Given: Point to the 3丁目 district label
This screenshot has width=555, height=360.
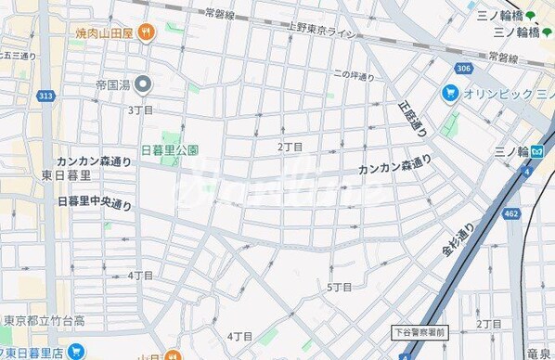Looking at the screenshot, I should [x=140, y=109].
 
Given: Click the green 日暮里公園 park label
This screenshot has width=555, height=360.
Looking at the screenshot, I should [x=169, y=150].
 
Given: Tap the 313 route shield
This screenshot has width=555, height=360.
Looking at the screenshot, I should [x=45, y=95].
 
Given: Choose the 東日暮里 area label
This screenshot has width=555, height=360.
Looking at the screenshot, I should [x=66, y=175].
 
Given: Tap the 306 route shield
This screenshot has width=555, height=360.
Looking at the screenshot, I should [x=463, y=68].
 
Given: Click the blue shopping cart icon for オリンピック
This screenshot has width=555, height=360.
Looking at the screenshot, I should [x=450, y=92].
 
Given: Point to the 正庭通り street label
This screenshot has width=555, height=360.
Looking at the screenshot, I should [x=415, y=118].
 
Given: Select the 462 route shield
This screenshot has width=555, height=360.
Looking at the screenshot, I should [x=510, y=214].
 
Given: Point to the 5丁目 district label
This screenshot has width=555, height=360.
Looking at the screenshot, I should [x=340, y=287].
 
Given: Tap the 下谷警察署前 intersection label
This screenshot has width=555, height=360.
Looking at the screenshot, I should [x=419, y=331].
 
